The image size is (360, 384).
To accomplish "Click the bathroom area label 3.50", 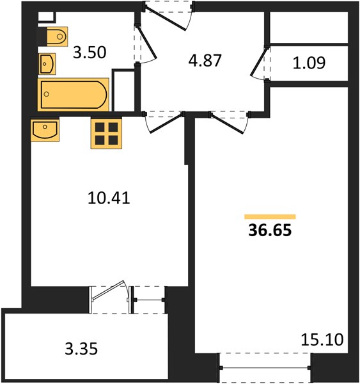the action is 90,52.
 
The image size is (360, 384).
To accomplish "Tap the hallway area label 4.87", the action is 205,61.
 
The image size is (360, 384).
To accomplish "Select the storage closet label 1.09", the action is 309,63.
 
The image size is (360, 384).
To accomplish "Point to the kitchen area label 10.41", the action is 109,198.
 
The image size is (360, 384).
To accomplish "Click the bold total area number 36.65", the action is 270,230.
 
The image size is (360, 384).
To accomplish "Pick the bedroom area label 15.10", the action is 322,340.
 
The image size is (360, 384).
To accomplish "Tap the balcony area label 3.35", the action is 81,349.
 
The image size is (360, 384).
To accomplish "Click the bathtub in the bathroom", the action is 73,95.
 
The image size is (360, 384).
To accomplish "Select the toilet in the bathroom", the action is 57,36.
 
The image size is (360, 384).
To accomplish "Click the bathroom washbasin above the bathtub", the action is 47,64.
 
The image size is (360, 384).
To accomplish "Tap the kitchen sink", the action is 45,131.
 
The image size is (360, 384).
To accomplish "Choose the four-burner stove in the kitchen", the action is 106,134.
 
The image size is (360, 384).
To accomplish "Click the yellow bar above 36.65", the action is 270,216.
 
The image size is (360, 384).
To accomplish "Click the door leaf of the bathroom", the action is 146,43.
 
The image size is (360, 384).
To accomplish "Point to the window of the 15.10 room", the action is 265,368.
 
